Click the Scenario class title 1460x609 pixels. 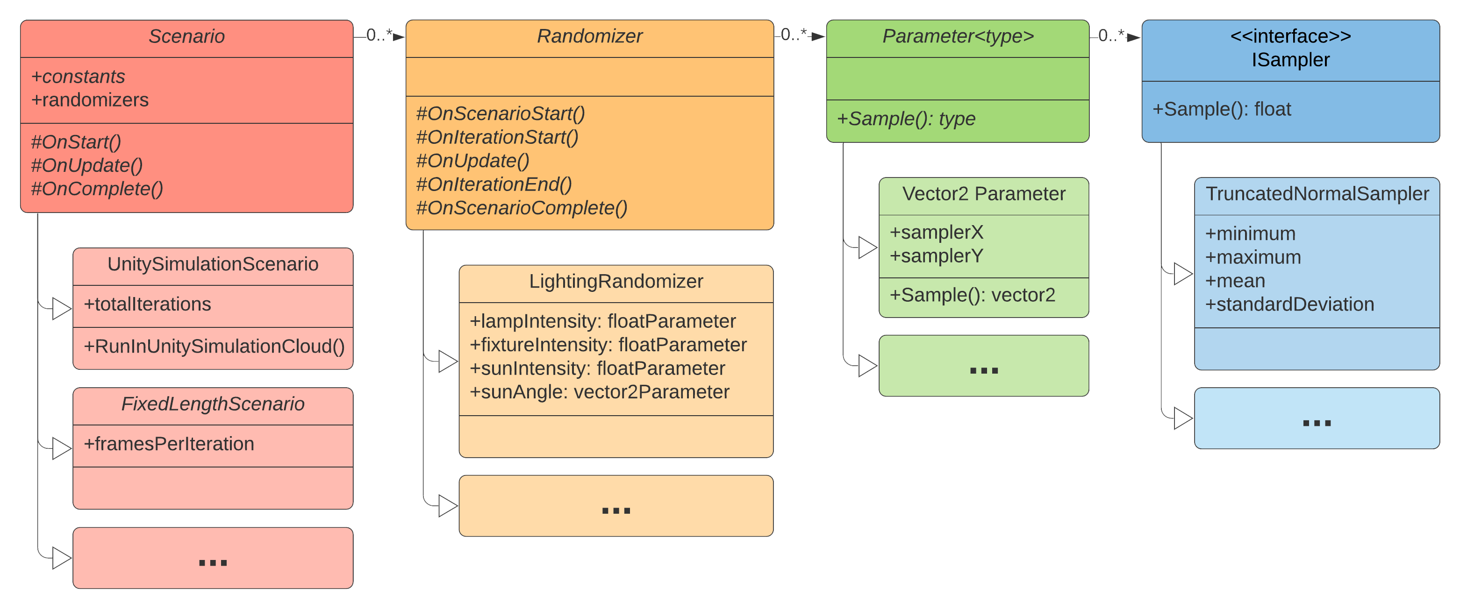(186, 37)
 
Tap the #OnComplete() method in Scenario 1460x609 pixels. (97, 189)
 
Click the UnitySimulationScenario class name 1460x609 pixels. (213, 264)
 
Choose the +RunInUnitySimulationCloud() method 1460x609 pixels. (214, 347)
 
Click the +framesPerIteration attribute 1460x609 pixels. (169, 444)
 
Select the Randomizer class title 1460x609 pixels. (589, 37)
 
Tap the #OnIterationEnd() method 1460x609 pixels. (494, 184)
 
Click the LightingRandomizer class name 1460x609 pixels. (616, 282)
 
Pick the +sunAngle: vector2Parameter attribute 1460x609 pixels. (600, 392)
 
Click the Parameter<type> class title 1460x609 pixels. (958, 37)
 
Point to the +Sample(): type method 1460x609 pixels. (906, 119)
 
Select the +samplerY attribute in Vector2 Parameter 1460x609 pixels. (936, 256)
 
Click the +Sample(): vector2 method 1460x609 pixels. (973, 295)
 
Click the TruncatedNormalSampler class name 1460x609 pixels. (1317, 194)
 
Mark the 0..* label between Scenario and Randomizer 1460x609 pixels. (379, 35)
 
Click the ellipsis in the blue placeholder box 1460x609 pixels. (1317, 423)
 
